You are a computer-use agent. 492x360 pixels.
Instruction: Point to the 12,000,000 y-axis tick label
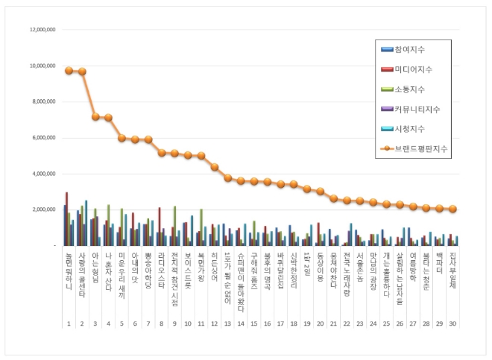pyautogui.click(x=42, y=30)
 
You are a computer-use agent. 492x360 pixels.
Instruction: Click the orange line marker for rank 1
pyautogui.click(x=69, y=71)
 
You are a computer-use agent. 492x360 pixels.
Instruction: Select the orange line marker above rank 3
pyautogui.click(x=95, y=116)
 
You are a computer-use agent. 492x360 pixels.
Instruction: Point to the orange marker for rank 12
pyautogui.click(x=215, y=167)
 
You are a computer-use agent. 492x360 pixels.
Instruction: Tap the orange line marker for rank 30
pyautogui.click(x=452, y=209)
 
